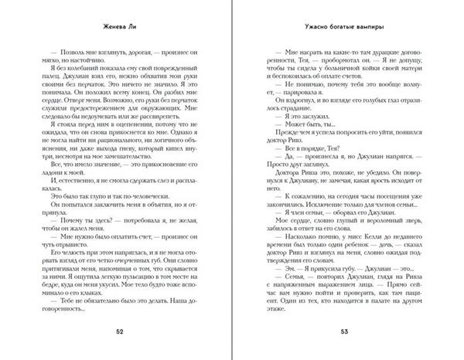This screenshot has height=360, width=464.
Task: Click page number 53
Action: point(344,333)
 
